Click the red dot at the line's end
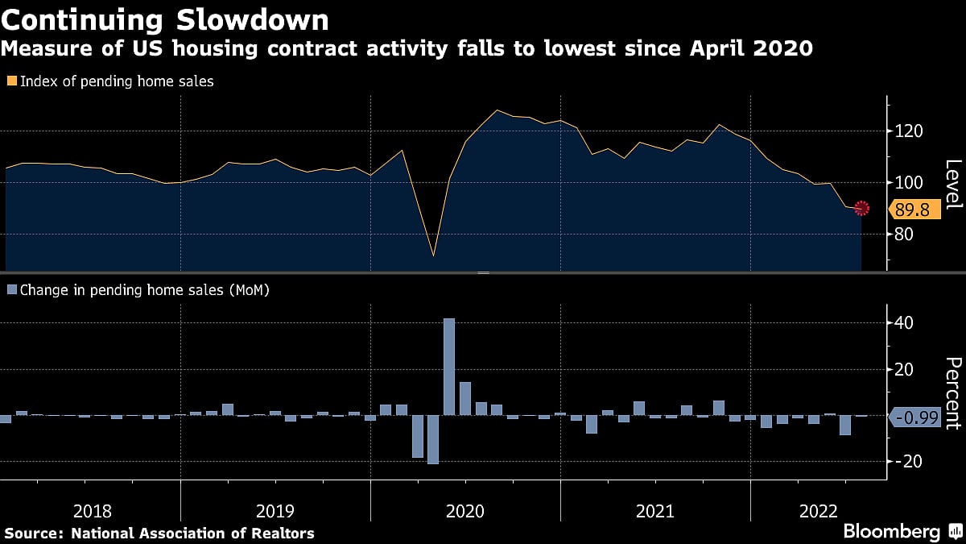[861, 208]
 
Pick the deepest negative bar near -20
[433, 439]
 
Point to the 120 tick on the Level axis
[907, 131]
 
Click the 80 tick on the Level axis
[905, 235]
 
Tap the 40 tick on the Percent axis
[903, 322]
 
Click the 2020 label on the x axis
[465, 511]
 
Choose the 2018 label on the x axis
[93, 511]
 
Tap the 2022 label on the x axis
[819, 511]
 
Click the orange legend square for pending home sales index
[11, 81]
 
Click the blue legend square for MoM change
[11, 289]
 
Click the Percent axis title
[952, 392]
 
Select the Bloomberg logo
[892, 532]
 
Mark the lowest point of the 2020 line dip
[434, 256]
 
